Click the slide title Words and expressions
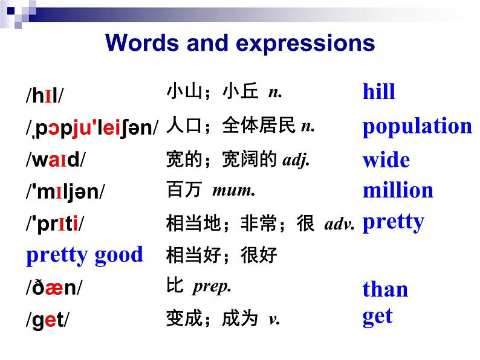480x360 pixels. pos(240,43)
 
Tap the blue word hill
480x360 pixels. pos(378,92)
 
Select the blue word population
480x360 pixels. pos(417,126)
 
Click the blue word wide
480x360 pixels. pos(386,160)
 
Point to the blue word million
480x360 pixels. pos(398,190)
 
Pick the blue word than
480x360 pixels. pos(385,289)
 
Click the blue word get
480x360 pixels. pos(377,317)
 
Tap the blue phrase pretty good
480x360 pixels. pos(84,254)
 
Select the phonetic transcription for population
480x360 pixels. pos(92,129)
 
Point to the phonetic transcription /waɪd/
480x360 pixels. pos(55,161)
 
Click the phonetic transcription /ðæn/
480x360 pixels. pos(53,288)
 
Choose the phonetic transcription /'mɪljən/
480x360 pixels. pos(65,193)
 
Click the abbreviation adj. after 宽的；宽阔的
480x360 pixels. pos(296,160)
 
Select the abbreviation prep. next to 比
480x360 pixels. pos(212,286)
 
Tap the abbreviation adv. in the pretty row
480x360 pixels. pos(339,225)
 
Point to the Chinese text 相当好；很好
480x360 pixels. pos(221,255)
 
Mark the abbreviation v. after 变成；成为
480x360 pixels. pos(273,319)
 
